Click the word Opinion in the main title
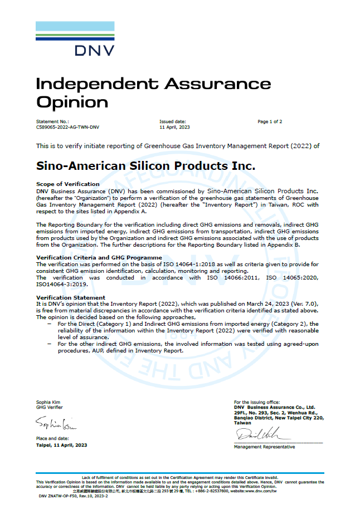point(72,102)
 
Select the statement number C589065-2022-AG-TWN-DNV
point(67,127)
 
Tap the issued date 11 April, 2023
point(174,127)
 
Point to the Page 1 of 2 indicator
point(270,121)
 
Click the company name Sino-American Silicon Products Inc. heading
point(145,166)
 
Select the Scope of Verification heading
point(68,184)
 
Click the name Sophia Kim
point(48,402)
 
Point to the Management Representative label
point(264,447)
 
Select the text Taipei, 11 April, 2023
point(62,445)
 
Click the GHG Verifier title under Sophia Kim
point(49,407)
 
